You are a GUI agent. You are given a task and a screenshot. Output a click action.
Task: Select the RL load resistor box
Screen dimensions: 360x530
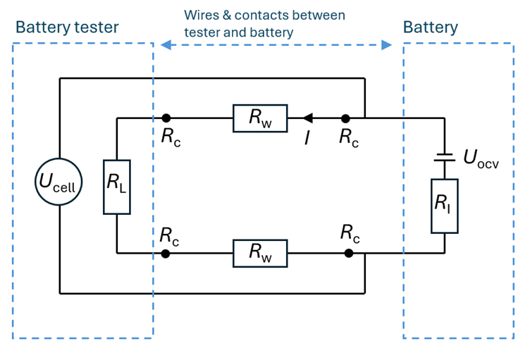point(116,186)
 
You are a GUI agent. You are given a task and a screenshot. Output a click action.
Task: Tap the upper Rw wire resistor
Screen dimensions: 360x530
point(260,118)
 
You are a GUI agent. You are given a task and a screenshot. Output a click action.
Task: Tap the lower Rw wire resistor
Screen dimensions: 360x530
point(260,253)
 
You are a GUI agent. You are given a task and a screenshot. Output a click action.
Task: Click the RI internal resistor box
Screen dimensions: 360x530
point(444,206)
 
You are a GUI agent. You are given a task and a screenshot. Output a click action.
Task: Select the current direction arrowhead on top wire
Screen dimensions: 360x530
point(307,118)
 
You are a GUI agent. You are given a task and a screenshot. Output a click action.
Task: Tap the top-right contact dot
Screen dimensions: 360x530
point(345,118)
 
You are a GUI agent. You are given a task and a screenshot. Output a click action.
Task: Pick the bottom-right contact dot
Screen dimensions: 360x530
point(347,253)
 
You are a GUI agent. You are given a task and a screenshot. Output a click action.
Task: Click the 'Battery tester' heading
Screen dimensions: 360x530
point(67,27)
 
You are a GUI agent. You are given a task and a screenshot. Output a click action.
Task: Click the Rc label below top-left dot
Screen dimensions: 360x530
point(171,137)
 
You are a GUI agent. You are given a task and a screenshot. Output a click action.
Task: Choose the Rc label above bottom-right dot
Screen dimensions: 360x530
point(350,232)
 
